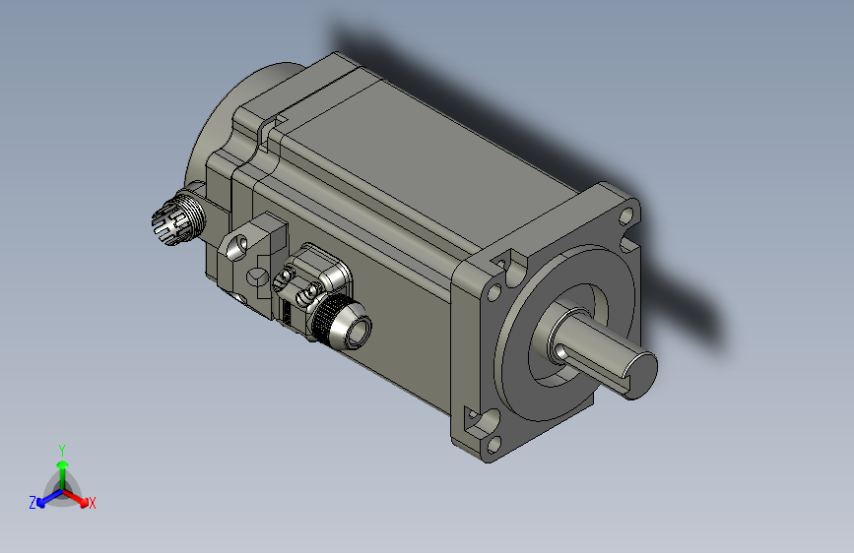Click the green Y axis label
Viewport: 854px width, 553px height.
[62, 449]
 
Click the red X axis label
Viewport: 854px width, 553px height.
[93, 503]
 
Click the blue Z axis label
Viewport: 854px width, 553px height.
[33, 502]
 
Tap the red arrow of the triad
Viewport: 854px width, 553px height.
[80, 497]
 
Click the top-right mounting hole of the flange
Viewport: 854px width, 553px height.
[626, 213]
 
